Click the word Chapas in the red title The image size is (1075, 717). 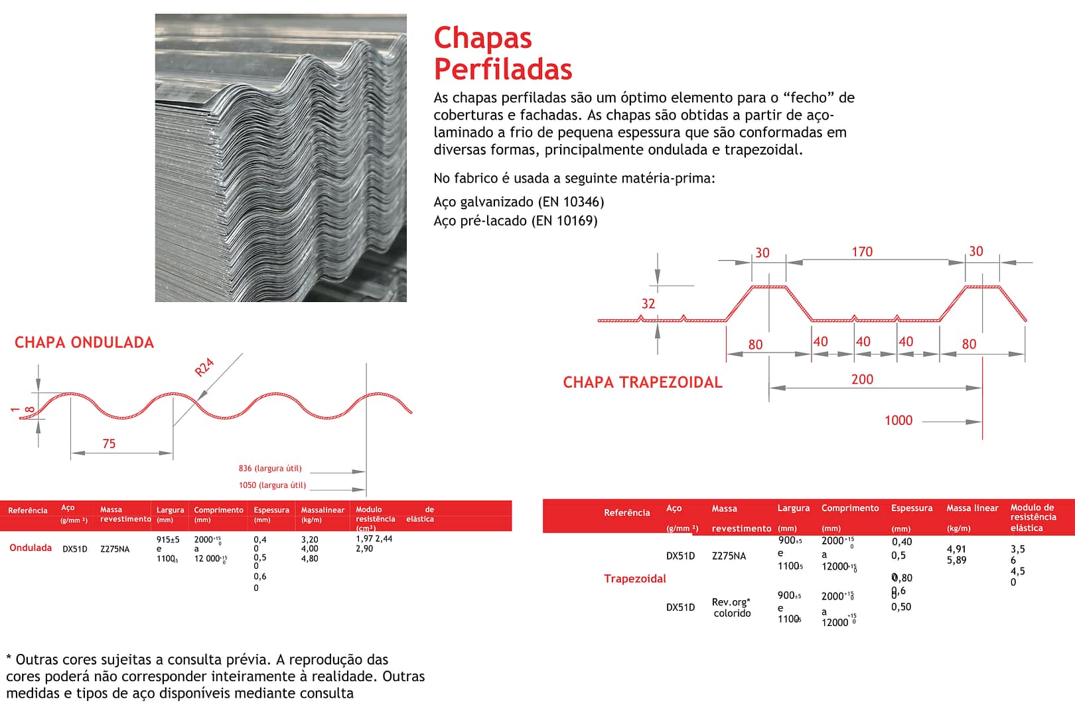(482, 39)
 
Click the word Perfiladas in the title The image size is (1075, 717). (502, 69)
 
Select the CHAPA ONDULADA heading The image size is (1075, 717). (84, 343)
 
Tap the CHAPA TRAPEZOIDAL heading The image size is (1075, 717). (642, 382)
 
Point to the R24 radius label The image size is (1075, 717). (204, 367)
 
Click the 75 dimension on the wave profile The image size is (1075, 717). (109, 443)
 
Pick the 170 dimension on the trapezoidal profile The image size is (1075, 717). (862, 252)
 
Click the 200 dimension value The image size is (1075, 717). (862, 379)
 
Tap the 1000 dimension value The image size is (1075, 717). (898, 420)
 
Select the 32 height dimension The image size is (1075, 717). (648, 303)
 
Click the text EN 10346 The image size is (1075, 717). (571, 202)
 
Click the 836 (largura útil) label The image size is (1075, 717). (270, 469)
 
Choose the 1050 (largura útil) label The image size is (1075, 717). (272, 485)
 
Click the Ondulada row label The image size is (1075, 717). (31, 548)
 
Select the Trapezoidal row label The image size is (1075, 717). (635, 579)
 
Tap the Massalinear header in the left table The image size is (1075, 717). (322, 510)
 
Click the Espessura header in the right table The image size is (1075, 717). (912, 508)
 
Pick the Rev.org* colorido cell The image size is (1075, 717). (732, 607)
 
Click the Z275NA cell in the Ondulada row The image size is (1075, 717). (115, 549)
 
